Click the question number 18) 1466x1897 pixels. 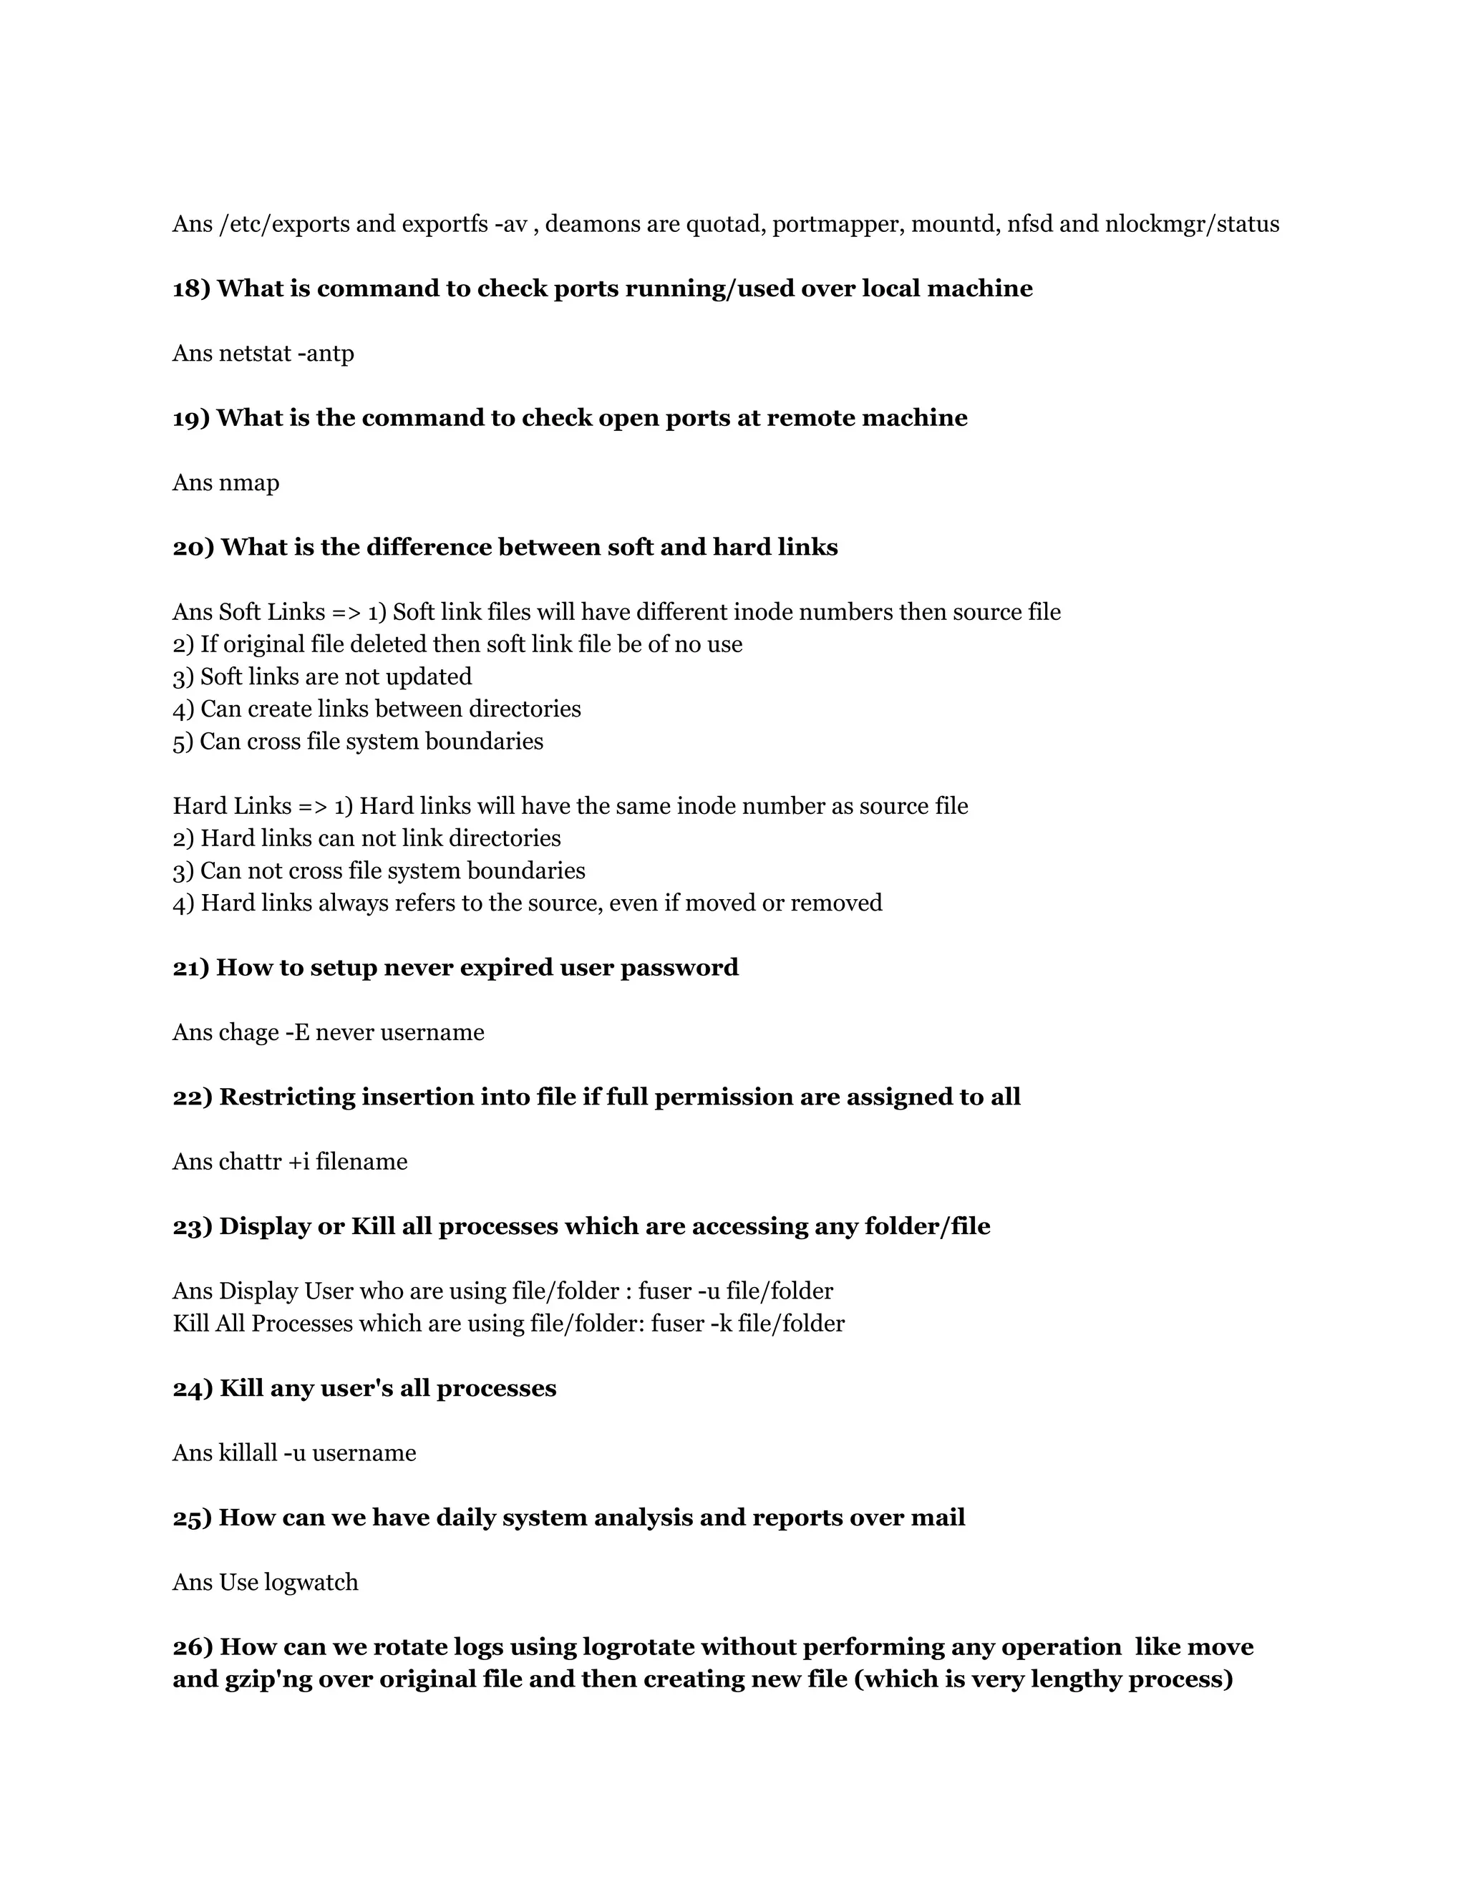pos(191,289)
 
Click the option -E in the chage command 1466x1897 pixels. pos(298,1033)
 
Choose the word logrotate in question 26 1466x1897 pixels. pos(639,1648)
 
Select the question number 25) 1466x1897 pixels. pos(192,1518)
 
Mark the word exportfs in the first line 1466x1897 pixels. pos(444,225)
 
